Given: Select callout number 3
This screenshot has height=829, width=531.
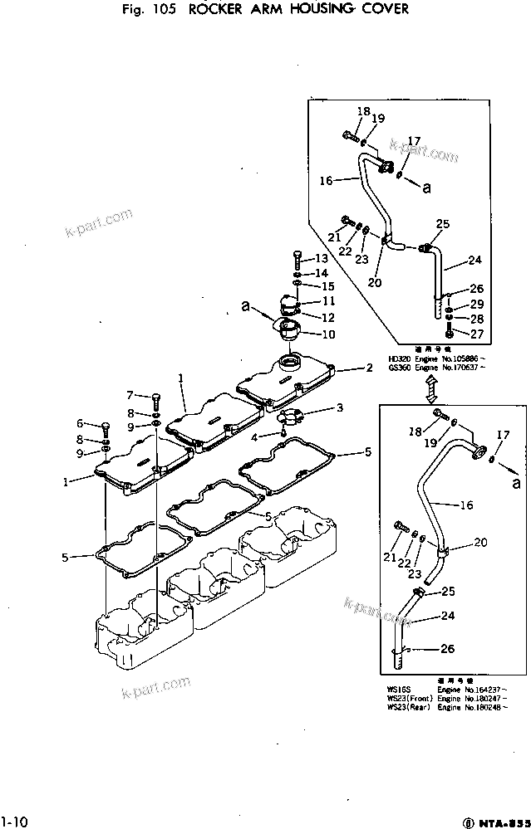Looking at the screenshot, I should pyautogui.click(x=339, y=407).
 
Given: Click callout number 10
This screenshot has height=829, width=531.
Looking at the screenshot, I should pyautogui.click(x=328, y=335).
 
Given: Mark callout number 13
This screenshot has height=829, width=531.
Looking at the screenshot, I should pyautogui.click(x=322, y=259).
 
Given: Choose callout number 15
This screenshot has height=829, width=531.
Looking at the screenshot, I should pyautogui.click(x=328, y=286).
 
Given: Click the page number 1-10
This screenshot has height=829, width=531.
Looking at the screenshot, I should pyautogui.click(x=14, y=822).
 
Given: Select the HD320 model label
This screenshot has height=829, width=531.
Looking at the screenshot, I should pyautogui.click(x=399, y=359).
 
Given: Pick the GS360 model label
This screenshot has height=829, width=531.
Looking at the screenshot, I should pyautogui.click(x=399, y=368).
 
